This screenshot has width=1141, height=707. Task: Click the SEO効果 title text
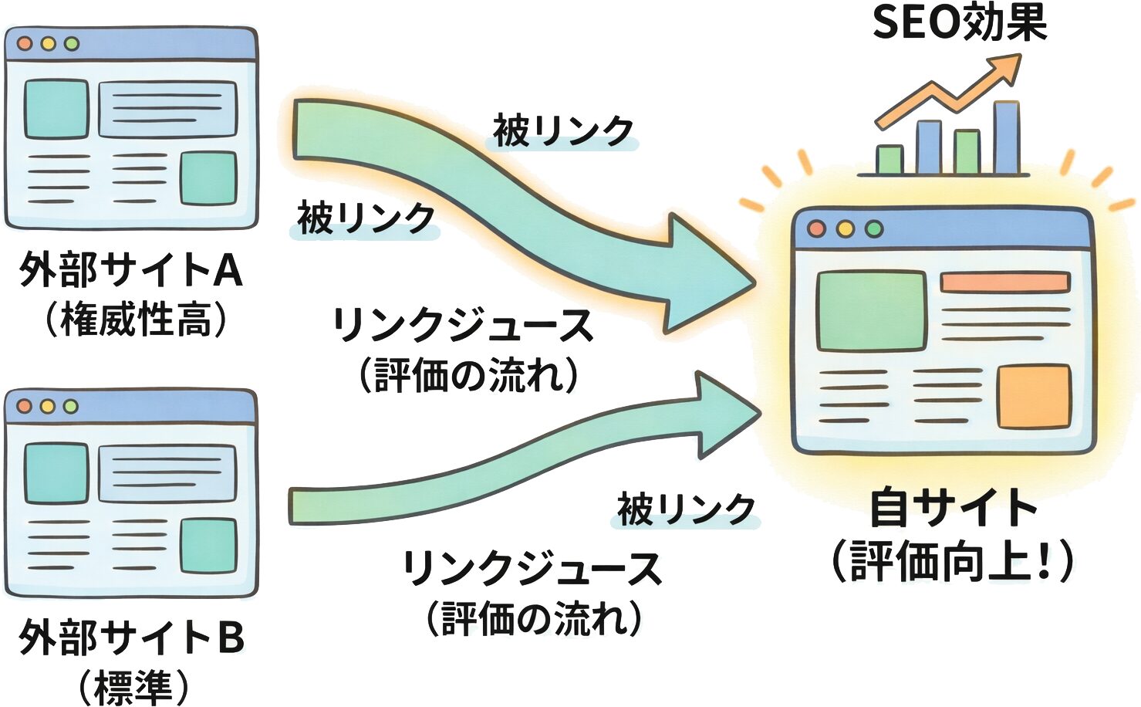click(959, 23)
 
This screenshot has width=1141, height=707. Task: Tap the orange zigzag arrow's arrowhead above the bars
click(1008, 67)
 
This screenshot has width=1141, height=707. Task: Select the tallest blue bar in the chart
click(1006, 138)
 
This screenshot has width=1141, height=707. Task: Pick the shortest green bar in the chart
click(890, 160)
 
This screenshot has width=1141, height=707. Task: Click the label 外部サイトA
click(130, 270)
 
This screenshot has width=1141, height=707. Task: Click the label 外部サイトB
click(131, 638)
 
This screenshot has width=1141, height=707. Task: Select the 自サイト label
click(954, 508)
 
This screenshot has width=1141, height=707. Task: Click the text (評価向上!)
click(952, 561)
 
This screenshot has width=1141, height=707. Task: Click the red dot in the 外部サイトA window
click(25, 44)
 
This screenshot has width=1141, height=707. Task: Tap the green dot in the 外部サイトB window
click(71, 406)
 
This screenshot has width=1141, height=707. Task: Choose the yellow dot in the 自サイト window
click(845, 228)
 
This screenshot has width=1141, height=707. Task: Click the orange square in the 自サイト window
click(1034, 397)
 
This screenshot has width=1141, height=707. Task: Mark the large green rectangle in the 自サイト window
click(871, 311)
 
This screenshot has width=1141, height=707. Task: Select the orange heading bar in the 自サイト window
click(1004, 282)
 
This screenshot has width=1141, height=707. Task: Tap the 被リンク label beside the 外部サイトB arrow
click(685, 509)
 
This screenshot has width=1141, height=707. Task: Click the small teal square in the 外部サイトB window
click(208, 545)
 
